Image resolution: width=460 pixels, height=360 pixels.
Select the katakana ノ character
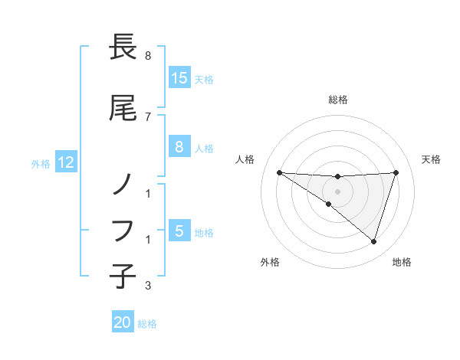(x=123, y=184)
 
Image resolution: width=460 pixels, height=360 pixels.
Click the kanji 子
(x=123, y=274)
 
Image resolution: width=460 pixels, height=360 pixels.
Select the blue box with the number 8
(x=179, y=148)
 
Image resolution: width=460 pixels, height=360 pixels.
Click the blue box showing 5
(x=179, y=231)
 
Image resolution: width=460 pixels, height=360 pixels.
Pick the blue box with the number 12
(x=66, y=162)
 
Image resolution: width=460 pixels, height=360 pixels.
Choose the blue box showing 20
(x=123, y=323)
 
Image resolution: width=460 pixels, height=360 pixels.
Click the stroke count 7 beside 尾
(x=148, y=116)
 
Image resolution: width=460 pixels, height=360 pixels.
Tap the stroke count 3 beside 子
(x=148, y=286)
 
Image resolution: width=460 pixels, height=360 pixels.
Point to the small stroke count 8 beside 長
(x=148, y=56)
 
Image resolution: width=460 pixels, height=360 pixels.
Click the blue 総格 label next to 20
(x=147, y=324)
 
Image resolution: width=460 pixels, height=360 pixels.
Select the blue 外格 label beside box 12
(x=41, y=163)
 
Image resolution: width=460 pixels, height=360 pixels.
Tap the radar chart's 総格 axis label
(x=338, y=100)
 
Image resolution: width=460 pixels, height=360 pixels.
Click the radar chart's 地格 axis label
(x=402, y=262)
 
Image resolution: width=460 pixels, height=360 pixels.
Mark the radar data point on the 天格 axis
(x=396, y=172)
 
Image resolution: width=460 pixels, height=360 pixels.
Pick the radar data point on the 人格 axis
(x=279, y=172)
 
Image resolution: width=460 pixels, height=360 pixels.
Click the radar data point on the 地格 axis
(x=373, y=241)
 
